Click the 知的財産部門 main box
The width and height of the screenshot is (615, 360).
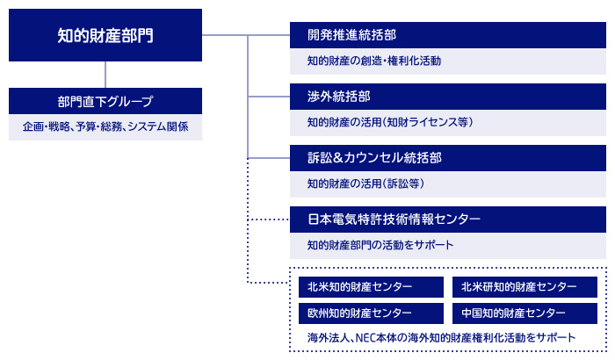[105, 35]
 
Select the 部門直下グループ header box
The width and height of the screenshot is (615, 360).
[105, 101]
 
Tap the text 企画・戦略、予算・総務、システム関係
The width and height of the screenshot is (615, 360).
[105, 126]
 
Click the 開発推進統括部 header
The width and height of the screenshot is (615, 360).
[447, 35]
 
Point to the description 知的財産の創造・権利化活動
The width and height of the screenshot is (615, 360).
[374, 61]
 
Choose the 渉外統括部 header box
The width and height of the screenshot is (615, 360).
[447, 97]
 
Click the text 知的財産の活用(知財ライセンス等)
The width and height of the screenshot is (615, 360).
[390, 122]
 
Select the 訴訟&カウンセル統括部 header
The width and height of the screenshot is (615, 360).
[447, 158]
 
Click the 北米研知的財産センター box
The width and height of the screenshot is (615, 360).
[525, 287]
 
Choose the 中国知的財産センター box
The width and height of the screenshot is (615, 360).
[525, 313]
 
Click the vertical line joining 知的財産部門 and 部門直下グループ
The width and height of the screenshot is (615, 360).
[105, 75]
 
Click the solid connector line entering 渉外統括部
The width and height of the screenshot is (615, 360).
[269, 97]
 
